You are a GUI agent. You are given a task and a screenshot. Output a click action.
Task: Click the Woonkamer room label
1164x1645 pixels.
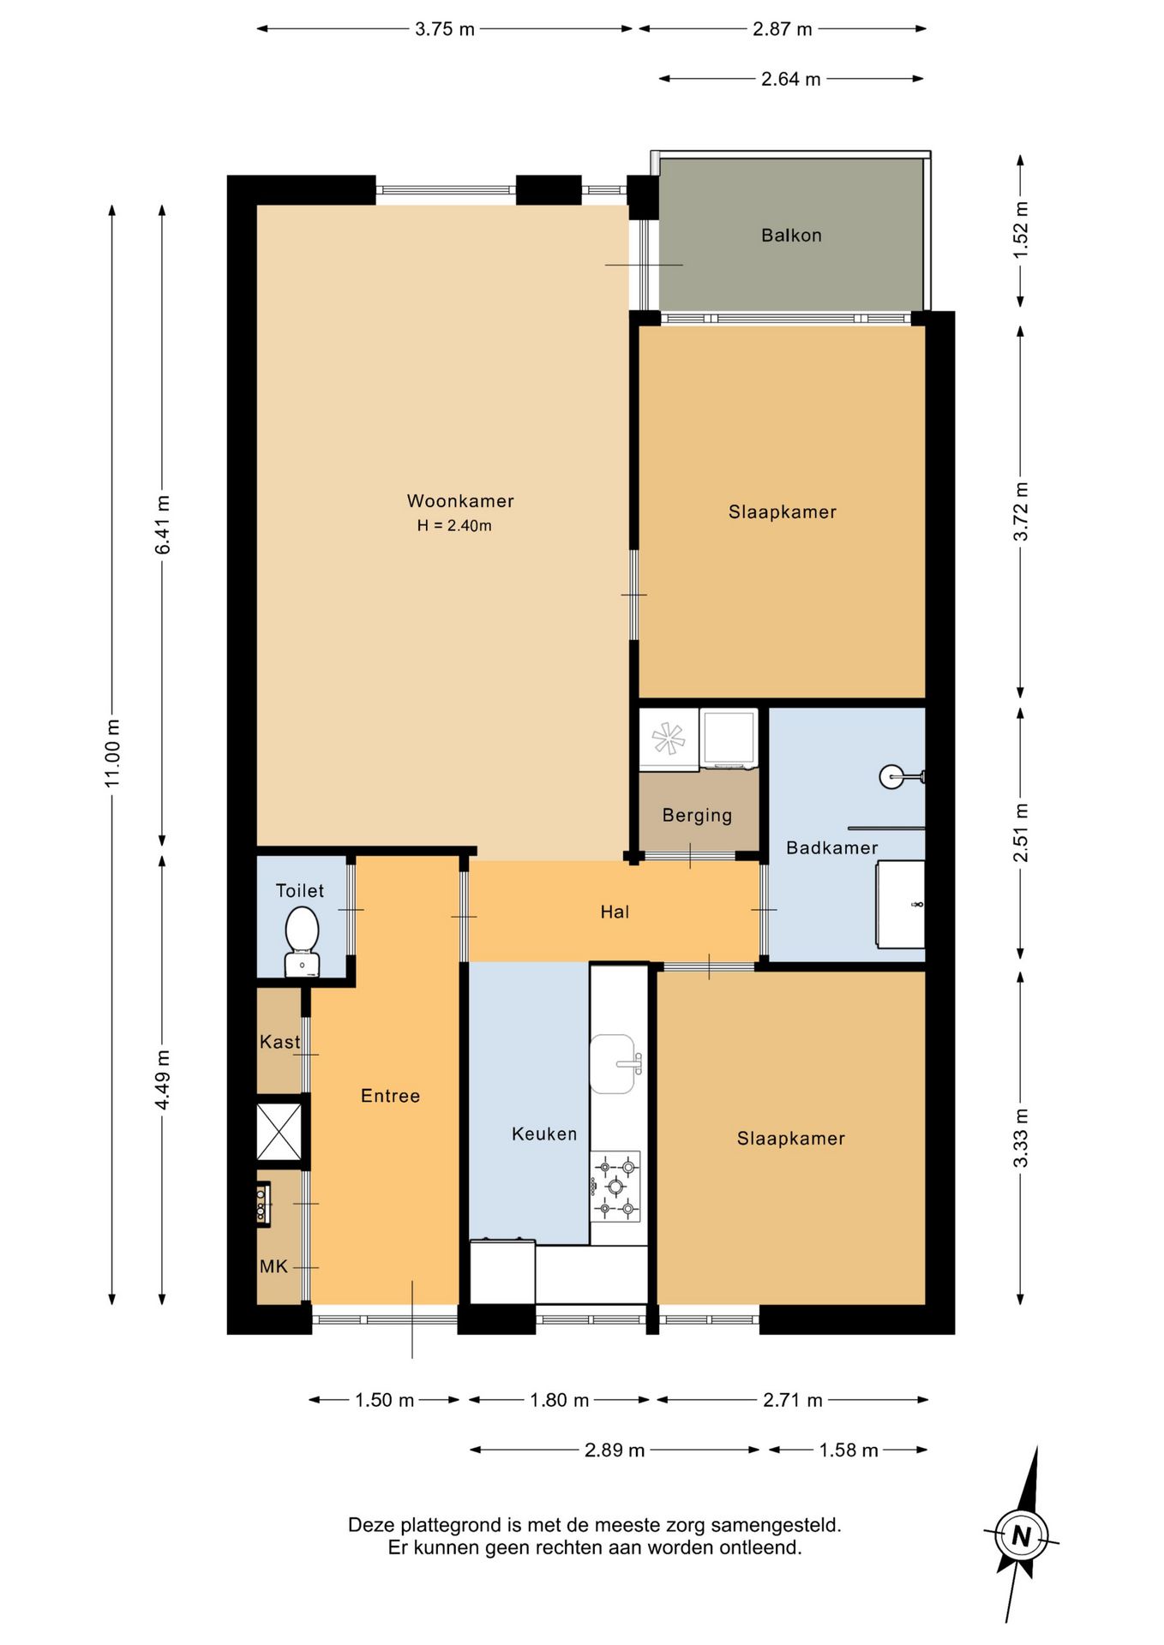460,501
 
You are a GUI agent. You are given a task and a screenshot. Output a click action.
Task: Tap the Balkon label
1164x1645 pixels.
791,236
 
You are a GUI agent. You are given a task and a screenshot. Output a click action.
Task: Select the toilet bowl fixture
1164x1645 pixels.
302,941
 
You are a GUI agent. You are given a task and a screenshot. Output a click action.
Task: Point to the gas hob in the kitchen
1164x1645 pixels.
615,1187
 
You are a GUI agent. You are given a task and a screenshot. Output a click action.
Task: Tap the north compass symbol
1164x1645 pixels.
1022,1535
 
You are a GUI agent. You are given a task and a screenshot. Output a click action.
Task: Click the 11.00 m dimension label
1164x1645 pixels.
112,754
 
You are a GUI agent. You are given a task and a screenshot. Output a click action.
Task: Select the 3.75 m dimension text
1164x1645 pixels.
445,29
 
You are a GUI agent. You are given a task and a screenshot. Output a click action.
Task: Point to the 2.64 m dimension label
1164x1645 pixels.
791,80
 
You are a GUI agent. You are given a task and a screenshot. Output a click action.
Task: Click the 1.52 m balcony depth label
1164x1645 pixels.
1020,230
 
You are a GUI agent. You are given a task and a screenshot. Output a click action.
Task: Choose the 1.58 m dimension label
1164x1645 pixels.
849,1451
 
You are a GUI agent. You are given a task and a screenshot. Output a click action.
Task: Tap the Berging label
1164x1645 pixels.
697,816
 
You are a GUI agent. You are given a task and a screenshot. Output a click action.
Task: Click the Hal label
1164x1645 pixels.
615,912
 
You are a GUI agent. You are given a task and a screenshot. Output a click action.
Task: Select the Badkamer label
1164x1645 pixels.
832,848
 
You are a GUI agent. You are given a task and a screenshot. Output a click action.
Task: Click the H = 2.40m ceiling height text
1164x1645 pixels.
454,526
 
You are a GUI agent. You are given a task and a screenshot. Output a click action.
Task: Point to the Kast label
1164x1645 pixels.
279,1043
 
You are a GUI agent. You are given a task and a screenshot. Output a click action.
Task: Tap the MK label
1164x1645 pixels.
273,1267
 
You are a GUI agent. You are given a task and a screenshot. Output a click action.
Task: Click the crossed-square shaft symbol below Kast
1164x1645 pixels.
279,1132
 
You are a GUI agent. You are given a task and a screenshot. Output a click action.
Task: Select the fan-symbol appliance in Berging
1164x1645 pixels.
669,739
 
